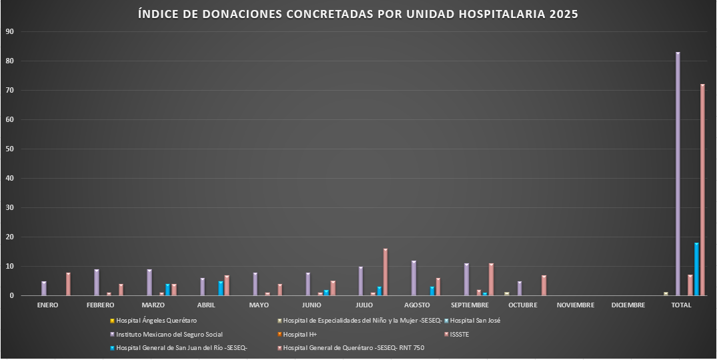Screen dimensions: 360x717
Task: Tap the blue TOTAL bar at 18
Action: [x=696, y=269]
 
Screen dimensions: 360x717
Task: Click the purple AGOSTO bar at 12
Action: [x=414, y=278]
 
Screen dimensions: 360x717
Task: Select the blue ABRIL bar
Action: [x=221, y=289]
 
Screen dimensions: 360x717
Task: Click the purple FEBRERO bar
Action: [x=97, y=283]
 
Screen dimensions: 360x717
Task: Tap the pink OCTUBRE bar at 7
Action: [x=544, y=285]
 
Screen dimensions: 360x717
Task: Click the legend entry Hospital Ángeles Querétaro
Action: [x=156, y=321]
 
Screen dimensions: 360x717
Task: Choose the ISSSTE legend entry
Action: [x=460, y=334]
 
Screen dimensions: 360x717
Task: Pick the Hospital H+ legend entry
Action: [x=299, y=334]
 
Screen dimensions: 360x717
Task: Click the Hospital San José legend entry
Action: [x=475, y=321]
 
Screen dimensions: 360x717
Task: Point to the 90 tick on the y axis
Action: [x=9, y=31]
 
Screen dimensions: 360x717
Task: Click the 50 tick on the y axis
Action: [x=9, y=149]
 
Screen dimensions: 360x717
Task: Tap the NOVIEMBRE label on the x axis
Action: [x=575, y=305]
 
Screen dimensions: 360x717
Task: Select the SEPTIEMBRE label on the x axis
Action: [x=470, y=305]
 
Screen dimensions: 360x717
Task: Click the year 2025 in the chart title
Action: [x=564, y=13]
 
